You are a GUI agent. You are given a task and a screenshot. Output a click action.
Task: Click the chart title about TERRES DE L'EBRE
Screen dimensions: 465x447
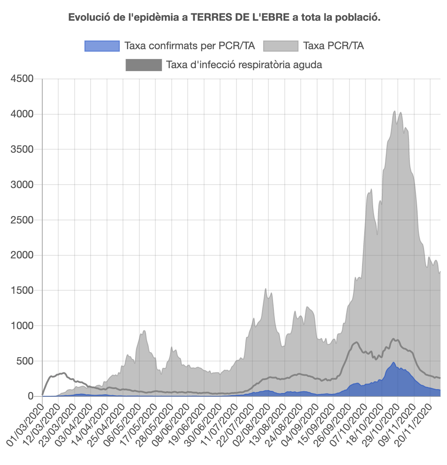(x=224, y=18)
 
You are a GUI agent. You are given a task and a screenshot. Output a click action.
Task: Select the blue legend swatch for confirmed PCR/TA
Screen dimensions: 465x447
(x=102, y=46)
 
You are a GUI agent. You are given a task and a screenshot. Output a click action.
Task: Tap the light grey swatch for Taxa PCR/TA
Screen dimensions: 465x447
(x=280, y=46)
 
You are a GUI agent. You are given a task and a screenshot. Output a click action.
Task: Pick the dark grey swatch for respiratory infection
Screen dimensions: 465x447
(x=144, y=65)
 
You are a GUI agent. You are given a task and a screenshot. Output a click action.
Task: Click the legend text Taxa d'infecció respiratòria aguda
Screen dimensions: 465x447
(x=244, y=65)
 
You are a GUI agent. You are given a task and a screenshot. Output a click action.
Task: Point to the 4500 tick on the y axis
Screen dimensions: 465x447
(x=22, y=79)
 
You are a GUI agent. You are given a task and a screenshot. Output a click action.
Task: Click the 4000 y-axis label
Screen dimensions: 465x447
(x=22, y=114)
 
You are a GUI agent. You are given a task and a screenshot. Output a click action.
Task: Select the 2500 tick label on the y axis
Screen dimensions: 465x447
(x=22, y=220)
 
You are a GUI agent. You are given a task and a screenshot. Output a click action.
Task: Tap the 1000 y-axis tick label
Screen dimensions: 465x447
(x=22, y=326)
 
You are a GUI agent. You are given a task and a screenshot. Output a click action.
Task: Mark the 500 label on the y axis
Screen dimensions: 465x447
(x=24, y=361)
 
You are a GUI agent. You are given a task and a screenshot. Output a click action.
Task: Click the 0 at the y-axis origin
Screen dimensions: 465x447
(x=30, y=396)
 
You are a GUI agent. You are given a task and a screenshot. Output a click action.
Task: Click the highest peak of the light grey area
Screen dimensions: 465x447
(x=394, y=111)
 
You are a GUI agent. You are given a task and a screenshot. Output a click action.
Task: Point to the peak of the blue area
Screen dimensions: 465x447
(x=393, y=362)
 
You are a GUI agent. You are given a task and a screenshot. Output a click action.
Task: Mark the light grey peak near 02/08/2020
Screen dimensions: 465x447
(x=265, y=289)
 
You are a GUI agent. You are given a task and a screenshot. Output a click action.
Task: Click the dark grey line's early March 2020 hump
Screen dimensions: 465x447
(x=63, y=373)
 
